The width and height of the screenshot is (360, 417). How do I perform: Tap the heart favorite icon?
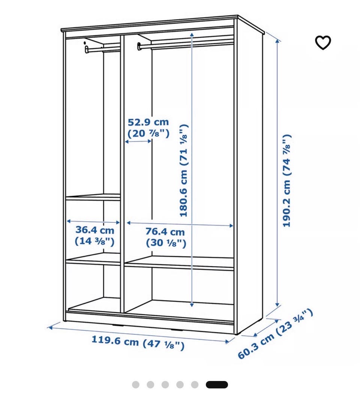pos(323,42)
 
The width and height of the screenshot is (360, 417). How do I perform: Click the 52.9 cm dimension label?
pos(148,127)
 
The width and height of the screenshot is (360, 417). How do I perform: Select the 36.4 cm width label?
pos(94,235)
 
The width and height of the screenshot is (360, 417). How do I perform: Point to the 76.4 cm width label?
pos(165,237)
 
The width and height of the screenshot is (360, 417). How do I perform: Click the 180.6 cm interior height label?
pos(184,170)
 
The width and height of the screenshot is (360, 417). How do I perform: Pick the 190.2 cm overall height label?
pos(286,181)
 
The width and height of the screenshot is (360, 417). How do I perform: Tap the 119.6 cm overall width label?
pos(138,342)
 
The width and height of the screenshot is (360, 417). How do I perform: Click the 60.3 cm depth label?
pos(275,334)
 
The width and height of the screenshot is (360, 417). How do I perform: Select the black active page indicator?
pos(217,384)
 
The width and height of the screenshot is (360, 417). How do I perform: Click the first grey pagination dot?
pos(136,384)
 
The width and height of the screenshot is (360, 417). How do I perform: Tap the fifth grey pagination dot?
pos(195,384)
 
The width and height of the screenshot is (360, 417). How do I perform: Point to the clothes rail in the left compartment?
pos(103,49)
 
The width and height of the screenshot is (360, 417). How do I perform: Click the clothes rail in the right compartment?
pos(186,44)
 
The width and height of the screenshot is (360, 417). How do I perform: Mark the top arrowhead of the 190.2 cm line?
pos(277,41)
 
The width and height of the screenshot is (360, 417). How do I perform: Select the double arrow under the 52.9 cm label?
pos(138,141)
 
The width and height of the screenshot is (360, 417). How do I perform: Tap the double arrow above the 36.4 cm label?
pos(93,222)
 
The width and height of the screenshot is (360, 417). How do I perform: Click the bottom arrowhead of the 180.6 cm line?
pos(192,305)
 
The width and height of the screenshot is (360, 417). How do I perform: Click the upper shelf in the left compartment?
pos(93,197)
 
